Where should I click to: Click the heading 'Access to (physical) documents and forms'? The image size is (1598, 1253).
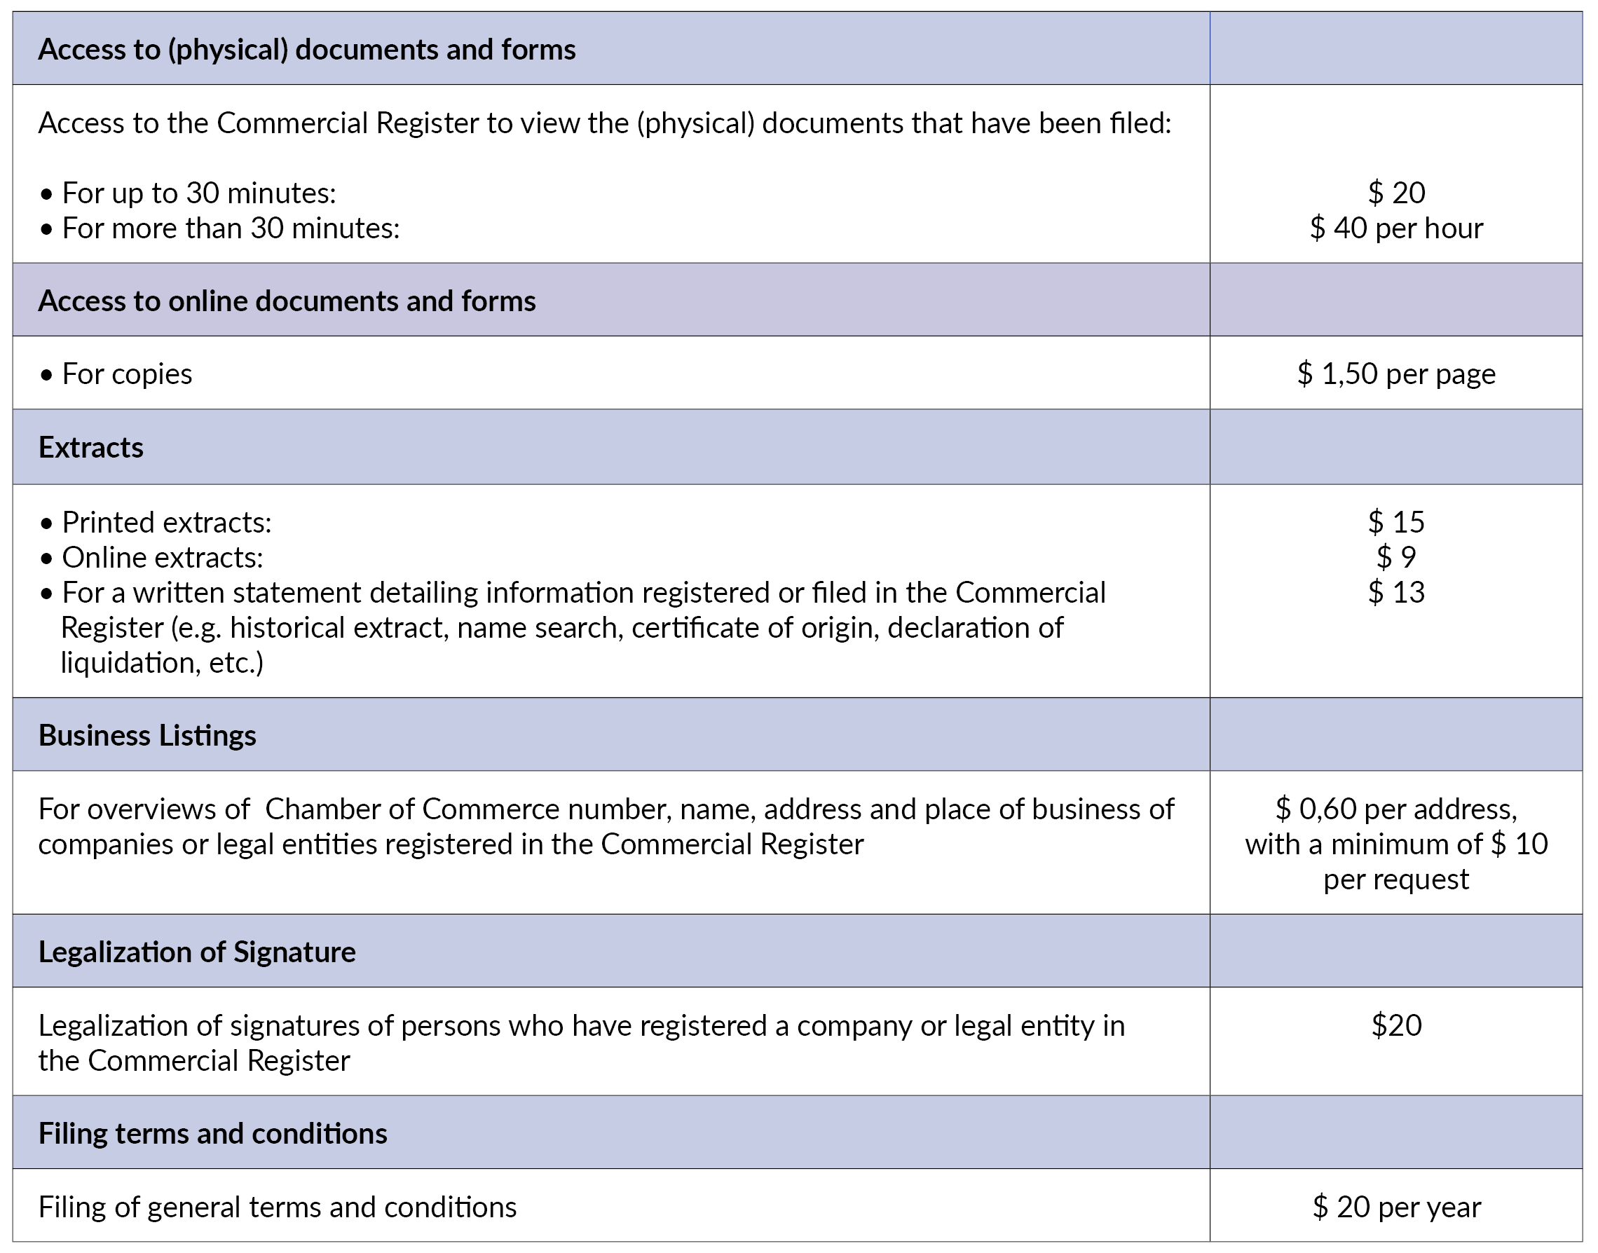(307, 50)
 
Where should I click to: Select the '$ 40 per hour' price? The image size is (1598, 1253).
(1395, 228)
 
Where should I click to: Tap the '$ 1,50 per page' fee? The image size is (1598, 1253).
(1395, 374)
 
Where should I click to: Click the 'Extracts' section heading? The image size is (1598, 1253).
(91, 448)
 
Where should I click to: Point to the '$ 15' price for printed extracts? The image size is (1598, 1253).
(1395, 522)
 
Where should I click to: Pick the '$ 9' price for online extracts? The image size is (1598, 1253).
(1395, 558)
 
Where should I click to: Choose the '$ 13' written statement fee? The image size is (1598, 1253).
(1395, 593)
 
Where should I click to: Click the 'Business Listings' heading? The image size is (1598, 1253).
(147, 736)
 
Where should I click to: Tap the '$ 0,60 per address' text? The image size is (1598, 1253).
(1395, 809)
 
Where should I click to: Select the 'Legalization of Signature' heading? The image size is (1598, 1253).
(197, 952)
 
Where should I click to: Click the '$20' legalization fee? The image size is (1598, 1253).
(1395, 1025)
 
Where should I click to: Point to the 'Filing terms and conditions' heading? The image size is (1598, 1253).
(213, 1134)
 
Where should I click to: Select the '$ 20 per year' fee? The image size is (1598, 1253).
(1395, 1207)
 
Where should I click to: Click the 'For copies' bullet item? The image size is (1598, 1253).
(126, 374)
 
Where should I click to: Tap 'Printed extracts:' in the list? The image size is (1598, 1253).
(167, 522)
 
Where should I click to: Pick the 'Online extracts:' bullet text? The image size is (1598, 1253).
(162, 558)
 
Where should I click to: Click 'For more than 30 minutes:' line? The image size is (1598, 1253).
(231, 228)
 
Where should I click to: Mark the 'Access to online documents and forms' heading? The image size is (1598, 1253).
(287, 301)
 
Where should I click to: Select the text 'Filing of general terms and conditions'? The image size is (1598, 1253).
(278, 1207)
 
